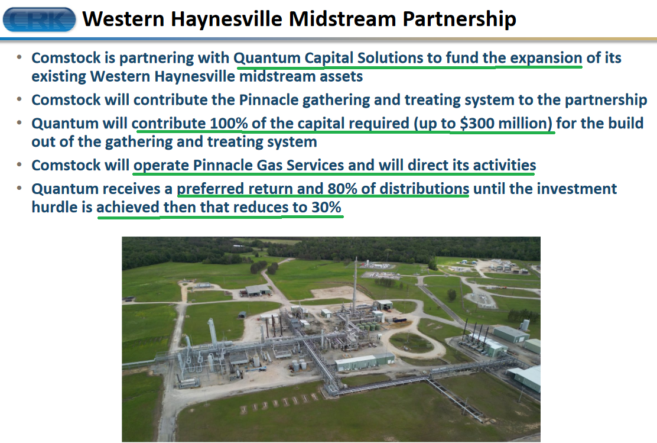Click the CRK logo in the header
click(x=39, y=20)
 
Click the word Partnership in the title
click(x=459, y=20)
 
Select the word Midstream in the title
click(x=342, y=19)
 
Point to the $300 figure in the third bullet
click(x=477, y=124)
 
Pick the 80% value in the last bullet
click(x=342, y=189)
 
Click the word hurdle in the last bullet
click(x=56, y=207)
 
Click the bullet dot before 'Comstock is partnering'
click(x=19, y=57)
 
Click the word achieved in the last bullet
click(x=128, y=207)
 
